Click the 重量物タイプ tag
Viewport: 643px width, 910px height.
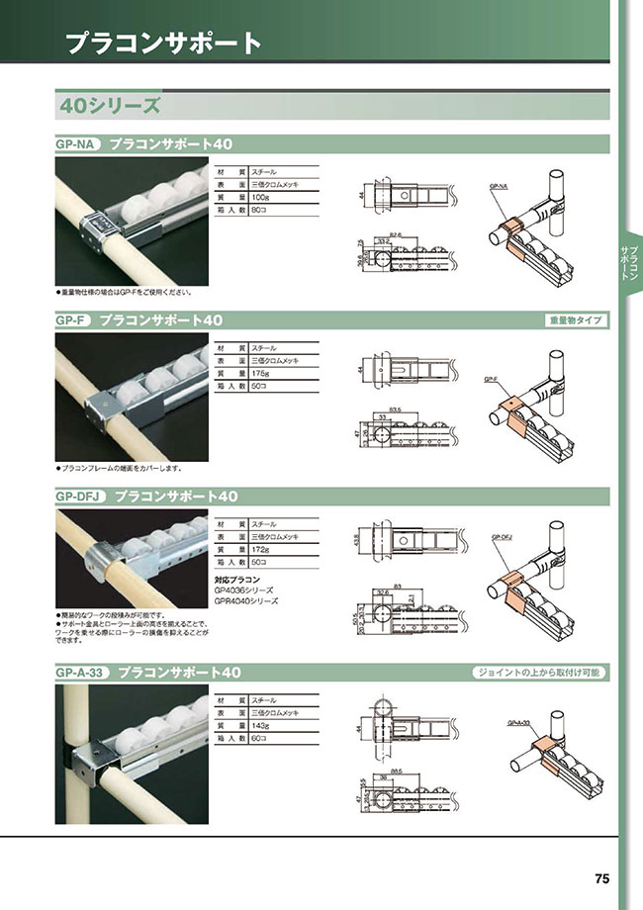coord(576,320)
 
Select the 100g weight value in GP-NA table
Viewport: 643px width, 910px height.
coord(262,198)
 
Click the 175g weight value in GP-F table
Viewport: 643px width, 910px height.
coord(262,374)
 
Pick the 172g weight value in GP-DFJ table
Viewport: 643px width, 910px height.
coord(262,549)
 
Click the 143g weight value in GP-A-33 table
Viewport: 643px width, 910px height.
coord(262,725)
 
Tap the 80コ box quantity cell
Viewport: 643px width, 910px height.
coord(261,211)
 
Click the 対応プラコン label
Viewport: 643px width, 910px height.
coord(237,578)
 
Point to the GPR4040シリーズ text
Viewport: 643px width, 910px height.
coord(246,600)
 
